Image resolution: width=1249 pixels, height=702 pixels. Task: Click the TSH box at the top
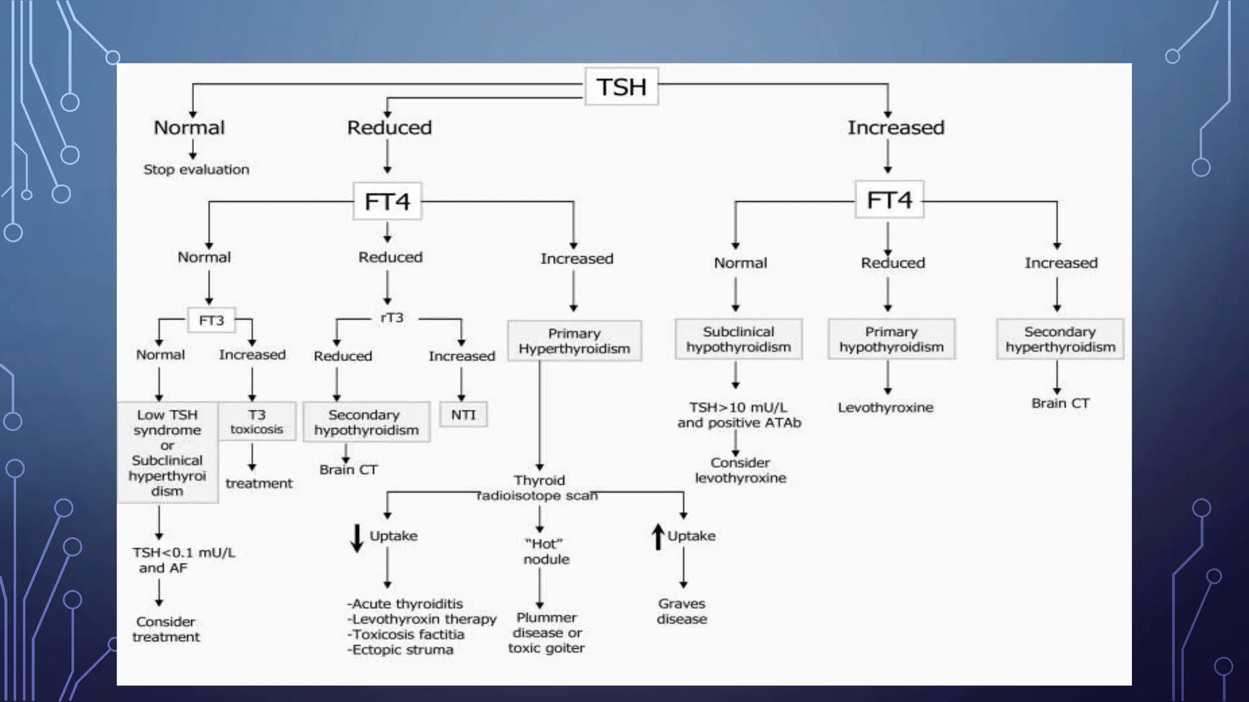click(621, 87)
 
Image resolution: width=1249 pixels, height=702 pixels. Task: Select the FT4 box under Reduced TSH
click(387, 201)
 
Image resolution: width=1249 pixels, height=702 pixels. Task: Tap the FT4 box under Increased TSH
click(889, 200)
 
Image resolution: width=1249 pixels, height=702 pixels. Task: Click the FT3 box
click(211, 320)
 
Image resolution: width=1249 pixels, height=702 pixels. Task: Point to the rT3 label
click(392, 318)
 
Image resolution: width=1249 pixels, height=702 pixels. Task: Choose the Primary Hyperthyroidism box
click(574, 341)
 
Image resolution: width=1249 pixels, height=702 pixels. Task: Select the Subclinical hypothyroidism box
click(738, 339)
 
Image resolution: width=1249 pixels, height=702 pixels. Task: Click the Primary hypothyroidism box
click(891, 339)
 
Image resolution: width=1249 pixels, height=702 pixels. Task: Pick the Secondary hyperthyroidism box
click(1060, 339)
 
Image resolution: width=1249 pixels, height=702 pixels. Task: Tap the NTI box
click(463, 415)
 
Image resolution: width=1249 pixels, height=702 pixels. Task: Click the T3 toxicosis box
click(257, 422)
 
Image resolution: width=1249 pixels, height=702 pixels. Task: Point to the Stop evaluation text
click(196, 169)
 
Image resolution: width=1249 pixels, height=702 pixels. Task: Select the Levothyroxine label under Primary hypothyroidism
click(885, 408)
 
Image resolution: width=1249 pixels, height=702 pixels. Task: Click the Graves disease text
click(682, 611)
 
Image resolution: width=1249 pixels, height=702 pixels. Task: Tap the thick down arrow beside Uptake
click(357, 537)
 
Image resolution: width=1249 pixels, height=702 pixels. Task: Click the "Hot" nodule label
click(546, 551)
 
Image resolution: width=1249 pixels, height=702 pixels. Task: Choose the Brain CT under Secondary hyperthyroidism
click(1060, 403)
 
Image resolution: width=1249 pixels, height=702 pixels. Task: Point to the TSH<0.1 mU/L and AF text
click(183, 560)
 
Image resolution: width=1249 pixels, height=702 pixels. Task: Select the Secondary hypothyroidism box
click(366, 422)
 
